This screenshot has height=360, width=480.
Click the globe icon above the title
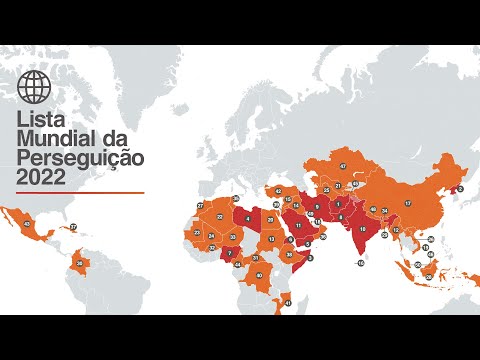tap(33, 88)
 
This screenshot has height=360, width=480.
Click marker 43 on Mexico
tap(26, 225)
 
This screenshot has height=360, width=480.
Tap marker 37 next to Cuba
tap(73, 227)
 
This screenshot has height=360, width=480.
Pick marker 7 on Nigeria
tap(230, 253)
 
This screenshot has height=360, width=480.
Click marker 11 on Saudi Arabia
tap(297, 226)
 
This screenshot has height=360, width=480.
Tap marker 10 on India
tap(361, 229)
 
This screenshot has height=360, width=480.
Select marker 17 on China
tap(407, 203)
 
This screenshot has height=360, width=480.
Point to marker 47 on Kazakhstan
tap(343, 166)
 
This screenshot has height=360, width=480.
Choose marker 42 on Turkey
tap(277, 192)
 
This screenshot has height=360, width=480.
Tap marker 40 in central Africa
tap(259, 275)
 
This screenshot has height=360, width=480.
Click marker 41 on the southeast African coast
tap(288, 302)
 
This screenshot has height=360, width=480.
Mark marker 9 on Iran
tap(316, 207)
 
